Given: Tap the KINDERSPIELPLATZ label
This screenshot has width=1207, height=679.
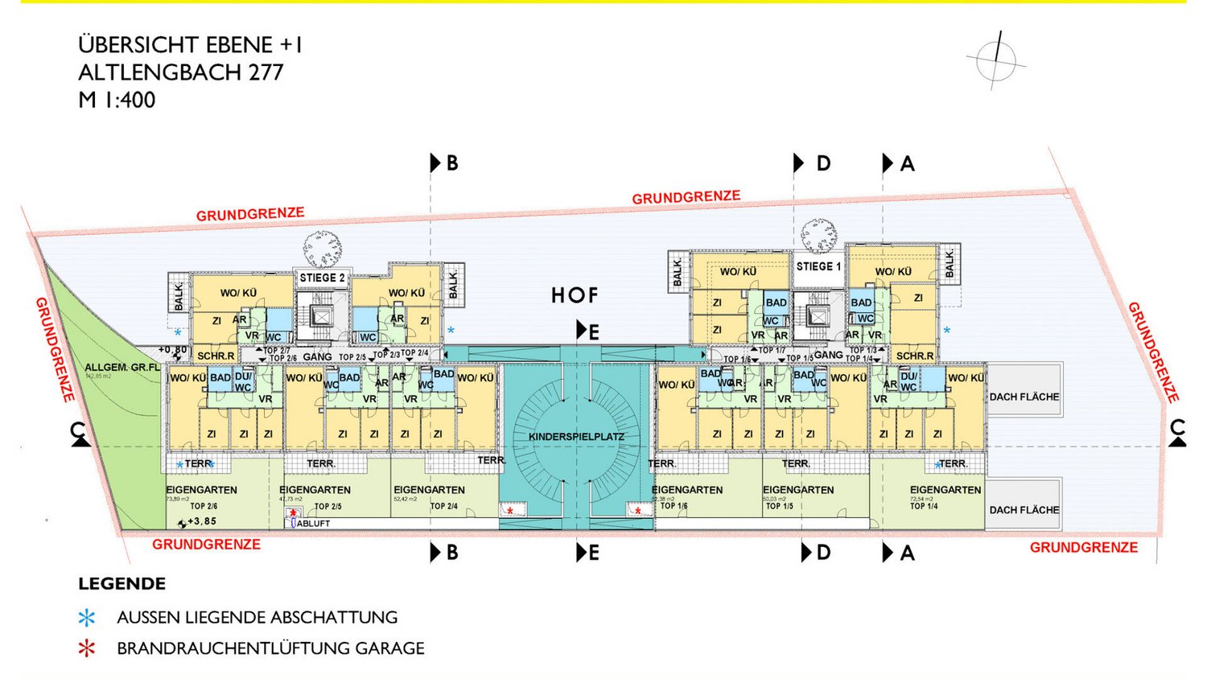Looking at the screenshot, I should pos(576,437).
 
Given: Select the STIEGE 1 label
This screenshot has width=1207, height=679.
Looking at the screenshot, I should pos(818,266).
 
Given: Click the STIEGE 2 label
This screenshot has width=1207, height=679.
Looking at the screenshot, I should pos(322,278).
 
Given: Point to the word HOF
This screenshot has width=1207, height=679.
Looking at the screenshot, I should pos(575,296).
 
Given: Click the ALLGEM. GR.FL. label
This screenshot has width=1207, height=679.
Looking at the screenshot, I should pos(122,368).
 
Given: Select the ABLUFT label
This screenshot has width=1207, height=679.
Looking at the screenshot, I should pos(314,524).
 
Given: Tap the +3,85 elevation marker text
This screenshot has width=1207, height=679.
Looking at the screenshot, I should pos(201,521).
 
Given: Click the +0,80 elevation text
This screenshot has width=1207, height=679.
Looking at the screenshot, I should pos(172,350).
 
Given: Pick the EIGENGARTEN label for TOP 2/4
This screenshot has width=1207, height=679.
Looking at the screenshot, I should pos(428,490).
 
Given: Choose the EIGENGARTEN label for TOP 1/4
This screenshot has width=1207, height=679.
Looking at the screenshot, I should pos(945,490).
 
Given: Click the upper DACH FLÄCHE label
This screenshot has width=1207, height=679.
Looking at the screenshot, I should pos(1024,397).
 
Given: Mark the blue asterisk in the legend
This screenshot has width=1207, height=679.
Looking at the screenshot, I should pos(86,618).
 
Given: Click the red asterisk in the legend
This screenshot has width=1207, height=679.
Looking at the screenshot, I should pos(86,648).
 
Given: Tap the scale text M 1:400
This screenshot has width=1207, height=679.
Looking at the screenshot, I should pos(117,101).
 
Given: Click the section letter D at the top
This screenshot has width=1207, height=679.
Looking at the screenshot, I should pos(823,164).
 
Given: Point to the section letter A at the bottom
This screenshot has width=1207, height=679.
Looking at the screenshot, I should pos(908,553).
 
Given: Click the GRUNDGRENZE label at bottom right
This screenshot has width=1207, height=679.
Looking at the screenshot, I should pos(1083,548).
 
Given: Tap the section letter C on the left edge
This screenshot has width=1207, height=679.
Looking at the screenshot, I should pos(78,431).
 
